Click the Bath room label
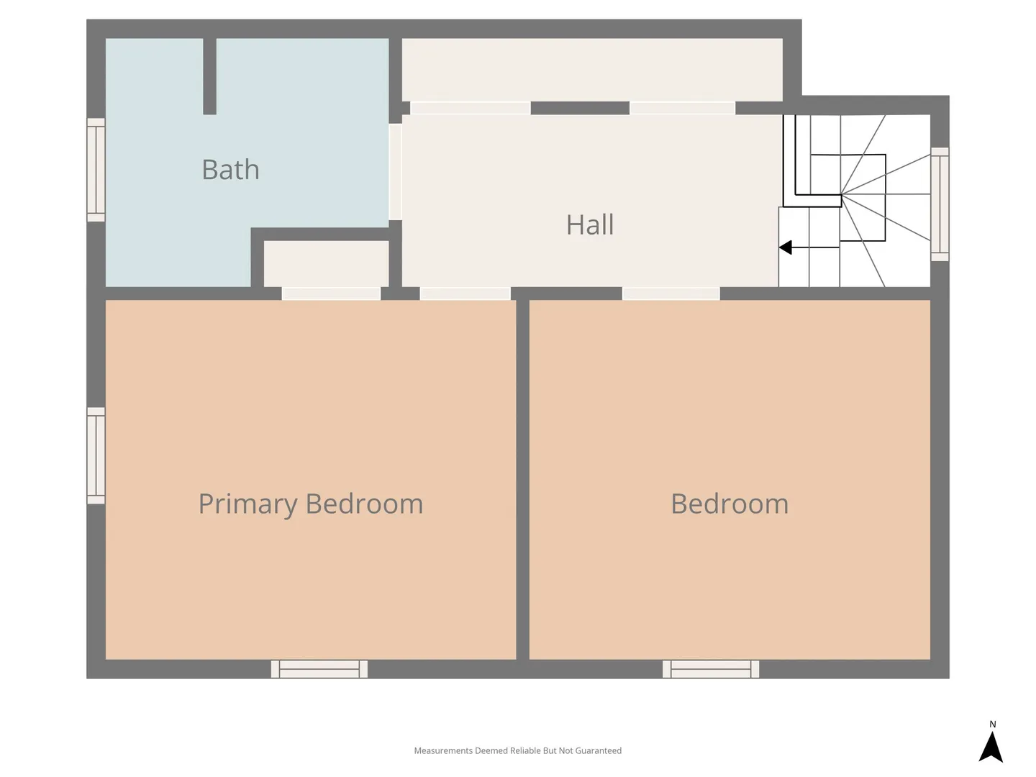coord(230,169)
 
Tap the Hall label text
coord(589,224)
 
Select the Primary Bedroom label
coord(311,504)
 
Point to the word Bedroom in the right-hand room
coord(730,504)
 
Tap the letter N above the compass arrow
coord(993,724)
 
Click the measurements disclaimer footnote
coord(518,750)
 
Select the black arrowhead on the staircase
coord(786,247)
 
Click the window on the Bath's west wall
coord(96,170)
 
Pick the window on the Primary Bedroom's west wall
coord(96,455)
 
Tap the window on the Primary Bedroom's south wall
coord(319,669)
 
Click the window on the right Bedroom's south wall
coord(711,669)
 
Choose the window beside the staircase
coord(940,204)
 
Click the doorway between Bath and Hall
coord(396,172)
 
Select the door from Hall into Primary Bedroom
coord(465,294)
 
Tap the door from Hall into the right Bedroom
coord(671,294)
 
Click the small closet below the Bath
coord(326,264)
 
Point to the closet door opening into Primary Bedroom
coord(331,294)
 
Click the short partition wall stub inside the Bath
coord(209,76)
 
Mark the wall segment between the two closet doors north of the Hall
coord(580,108)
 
